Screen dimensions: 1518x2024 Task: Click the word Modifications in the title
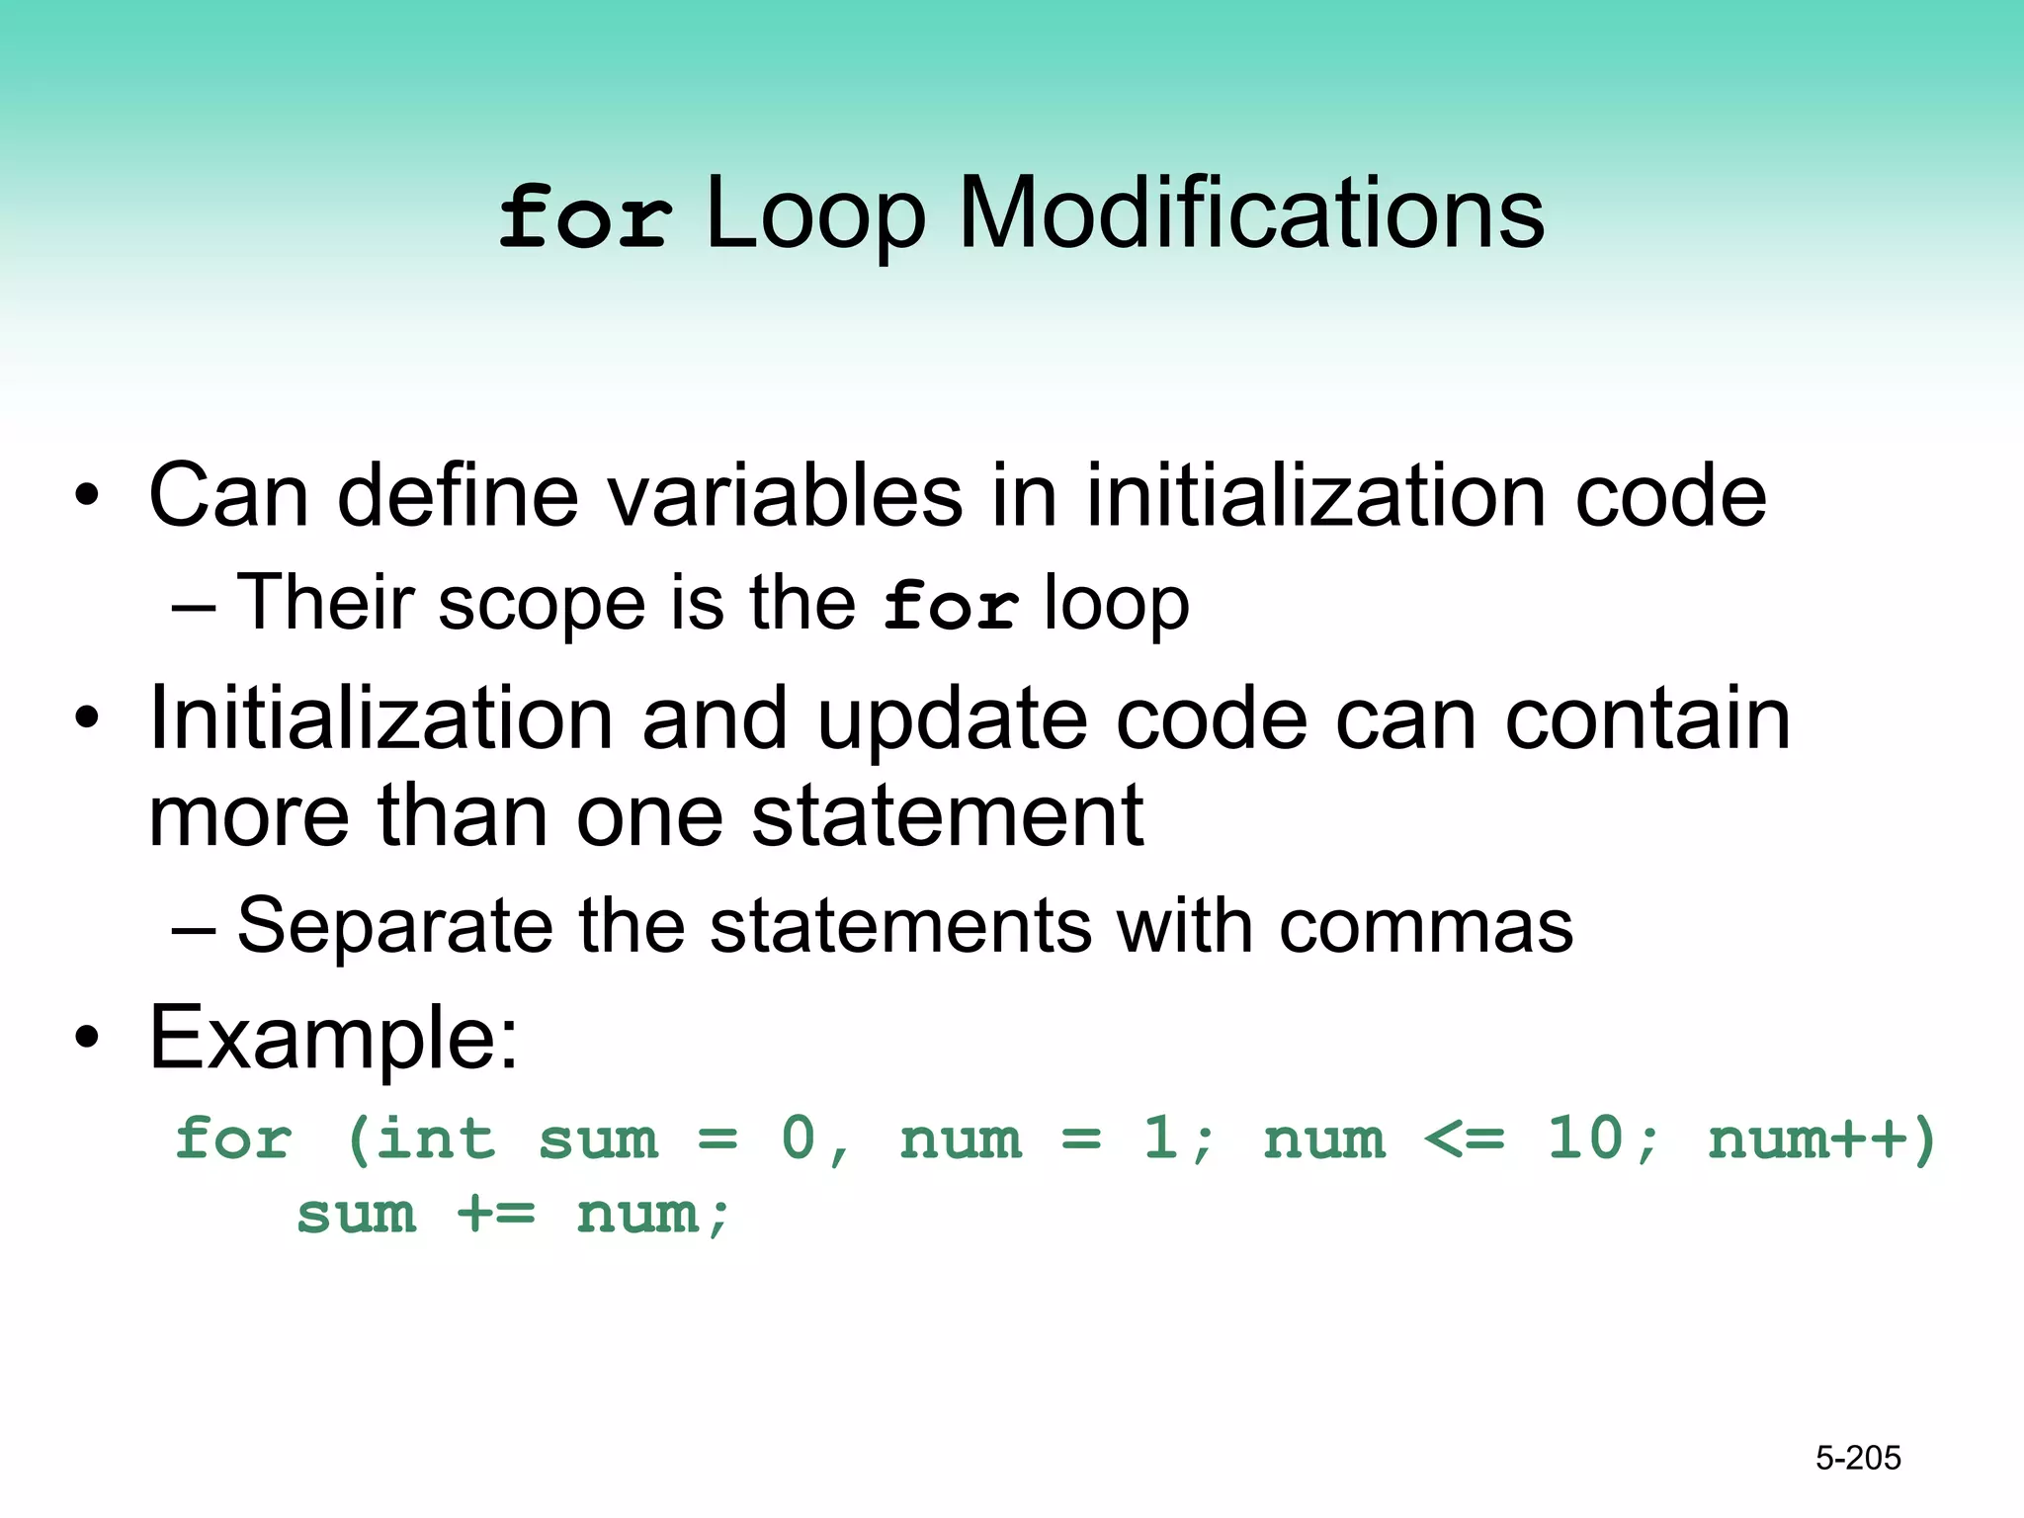tap(1251, 213)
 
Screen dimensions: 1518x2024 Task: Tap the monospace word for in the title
tap(585, 217)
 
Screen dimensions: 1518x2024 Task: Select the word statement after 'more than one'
tap(947, 816)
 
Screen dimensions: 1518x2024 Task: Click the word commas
tap(1425, 927)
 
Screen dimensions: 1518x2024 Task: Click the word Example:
tap(333, 1038)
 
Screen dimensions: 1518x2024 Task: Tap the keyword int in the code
tap(435, 1138)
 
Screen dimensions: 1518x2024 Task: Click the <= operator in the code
tap(1465, 1140)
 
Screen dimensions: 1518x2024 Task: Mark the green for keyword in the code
tap(233, 1138)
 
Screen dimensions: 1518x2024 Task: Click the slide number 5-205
tap(1858, 1458)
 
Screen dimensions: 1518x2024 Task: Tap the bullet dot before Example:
tap(87, 1038)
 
